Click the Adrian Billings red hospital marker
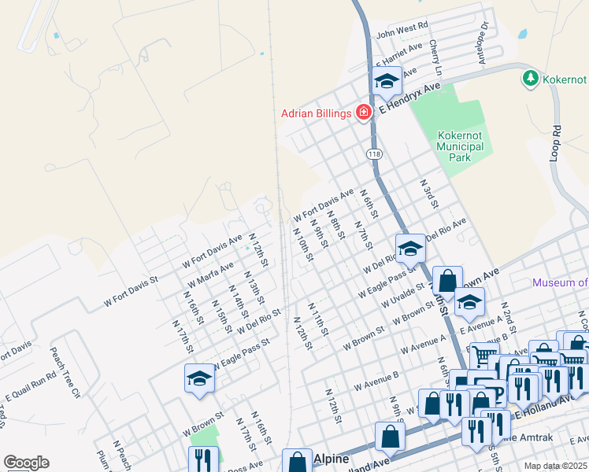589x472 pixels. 364,112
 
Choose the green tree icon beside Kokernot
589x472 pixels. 530,79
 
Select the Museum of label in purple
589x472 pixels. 560,283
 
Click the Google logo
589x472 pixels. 26,463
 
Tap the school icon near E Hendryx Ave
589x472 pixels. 387,81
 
